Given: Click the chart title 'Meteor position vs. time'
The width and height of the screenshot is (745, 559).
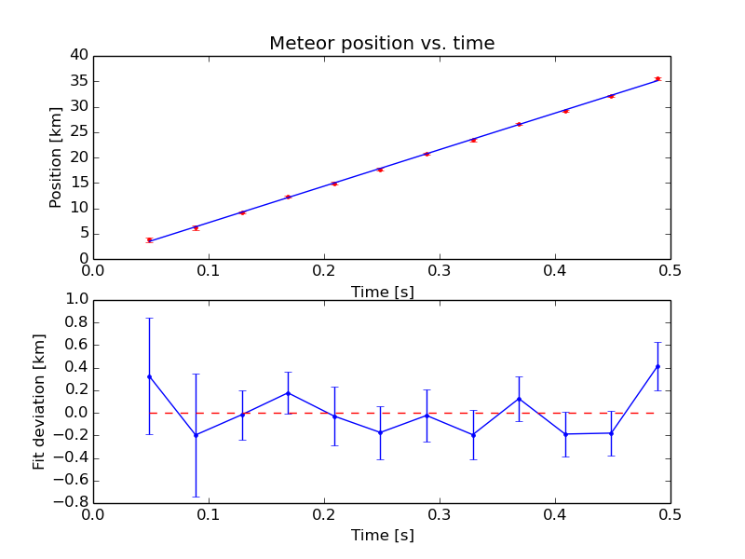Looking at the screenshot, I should [382, 44].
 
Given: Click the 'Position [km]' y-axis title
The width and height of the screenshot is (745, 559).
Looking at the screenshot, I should [56, 157].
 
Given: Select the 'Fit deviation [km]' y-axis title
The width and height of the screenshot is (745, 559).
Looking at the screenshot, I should [39, 402].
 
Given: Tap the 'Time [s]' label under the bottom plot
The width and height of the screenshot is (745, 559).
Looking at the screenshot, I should [382, 536].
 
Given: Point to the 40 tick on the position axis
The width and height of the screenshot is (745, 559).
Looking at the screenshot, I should [78, 55].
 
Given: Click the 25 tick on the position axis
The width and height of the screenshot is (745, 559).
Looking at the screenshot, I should [78, 131].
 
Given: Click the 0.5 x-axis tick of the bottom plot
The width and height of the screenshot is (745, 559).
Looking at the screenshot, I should [670, 513].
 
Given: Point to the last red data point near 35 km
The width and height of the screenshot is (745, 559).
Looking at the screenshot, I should [657, 78].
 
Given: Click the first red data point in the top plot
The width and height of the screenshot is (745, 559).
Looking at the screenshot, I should [149, 239].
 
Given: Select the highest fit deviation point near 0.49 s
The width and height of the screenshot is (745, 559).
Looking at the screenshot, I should [657, 366].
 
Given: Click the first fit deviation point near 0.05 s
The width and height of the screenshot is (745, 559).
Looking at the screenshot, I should [149, 376].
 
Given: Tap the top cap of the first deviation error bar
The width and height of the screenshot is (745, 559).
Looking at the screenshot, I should [149, 318].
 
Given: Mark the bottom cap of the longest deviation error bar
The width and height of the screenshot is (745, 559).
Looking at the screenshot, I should [196, 497].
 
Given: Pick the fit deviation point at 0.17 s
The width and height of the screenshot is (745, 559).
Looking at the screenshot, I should [288, 393].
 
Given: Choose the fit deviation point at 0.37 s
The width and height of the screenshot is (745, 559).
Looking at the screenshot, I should [519, 399].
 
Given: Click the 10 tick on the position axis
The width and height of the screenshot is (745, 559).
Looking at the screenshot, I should [78, 208].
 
